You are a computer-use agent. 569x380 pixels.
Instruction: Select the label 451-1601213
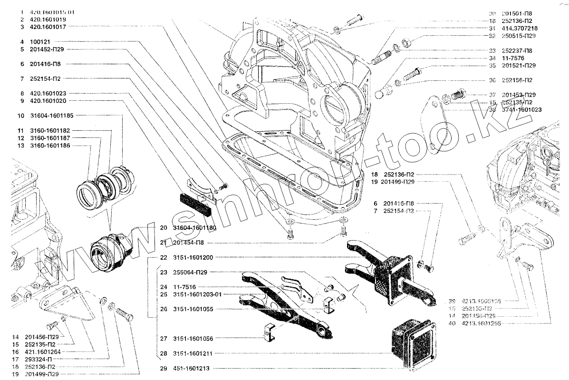[x=191, y=368]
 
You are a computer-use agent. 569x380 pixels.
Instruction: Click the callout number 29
[x=164, y=368]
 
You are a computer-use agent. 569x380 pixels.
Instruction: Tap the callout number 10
[x=21, y=116]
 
